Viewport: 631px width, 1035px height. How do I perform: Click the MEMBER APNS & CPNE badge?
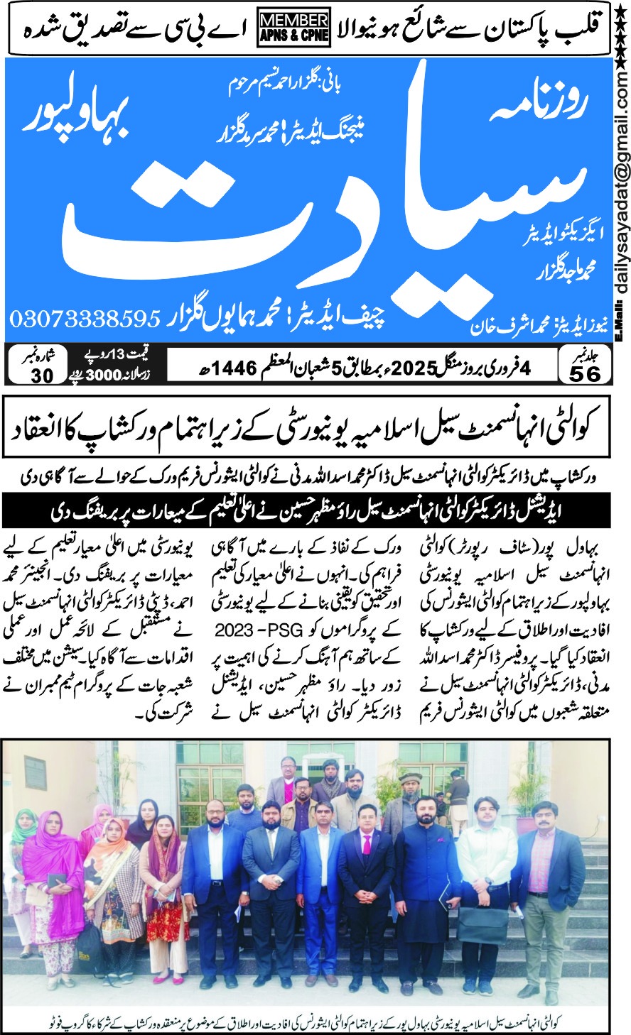(x=293, y=29)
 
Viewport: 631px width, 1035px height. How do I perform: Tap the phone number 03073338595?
(x=85, y=319)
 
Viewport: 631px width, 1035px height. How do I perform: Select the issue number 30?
(x=43, y=375)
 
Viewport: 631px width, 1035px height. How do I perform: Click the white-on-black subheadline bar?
(x=315, y=509)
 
